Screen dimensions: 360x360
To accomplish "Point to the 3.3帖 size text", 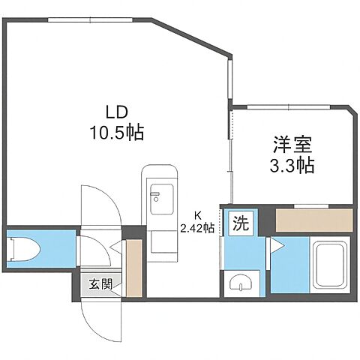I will point(286,163).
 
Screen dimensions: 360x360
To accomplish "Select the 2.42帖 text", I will point(198,227).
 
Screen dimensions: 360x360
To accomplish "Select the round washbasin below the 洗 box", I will point(239,283).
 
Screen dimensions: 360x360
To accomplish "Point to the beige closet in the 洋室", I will point(313,220).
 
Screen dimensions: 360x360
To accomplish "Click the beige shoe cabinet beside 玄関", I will point(133,268).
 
